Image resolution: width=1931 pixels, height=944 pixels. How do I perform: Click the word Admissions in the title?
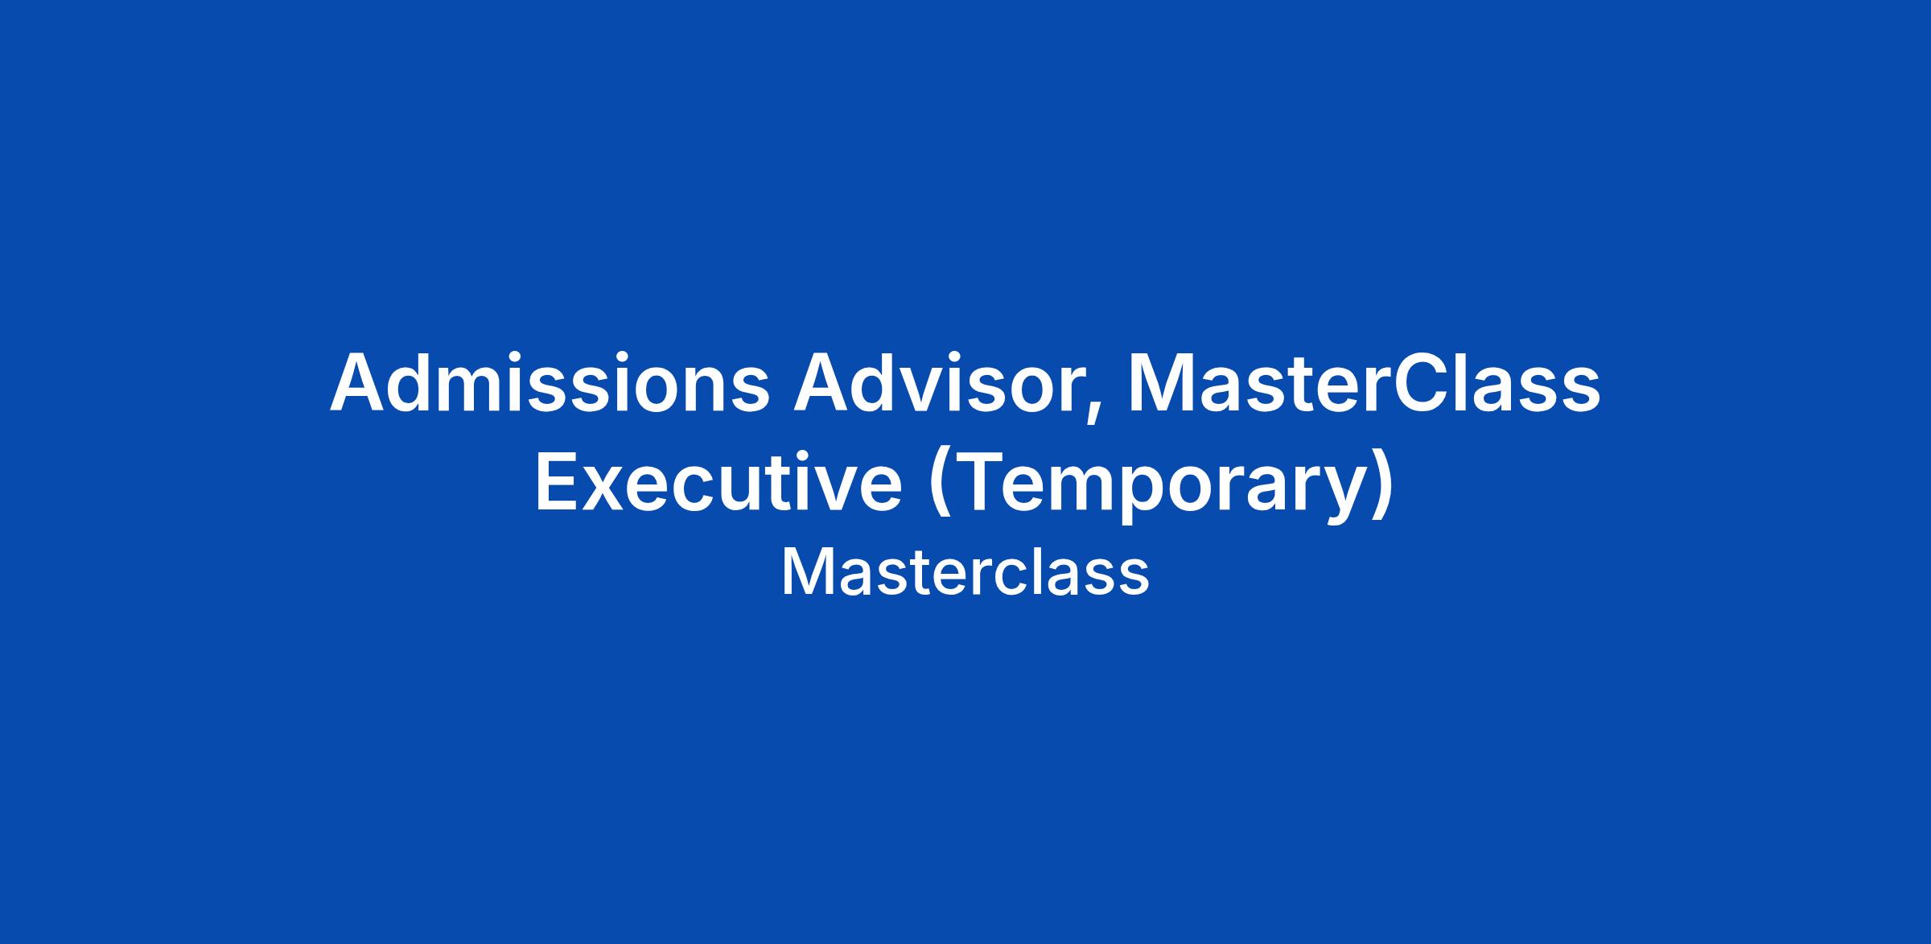click(x=550, y=384)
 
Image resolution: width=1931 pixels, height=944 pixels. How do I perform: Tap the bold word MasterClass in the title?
click(x=1364, y=384)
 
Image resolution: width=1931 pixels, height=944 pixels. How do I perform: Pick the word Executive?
click(x=718, y=483)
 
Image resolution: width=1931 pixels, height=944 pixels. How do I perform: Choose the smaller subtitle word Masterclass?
click(x=965, y=573)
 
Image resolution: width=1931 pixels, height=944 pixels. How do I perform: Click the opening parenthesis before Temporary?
click(x=940, y=486)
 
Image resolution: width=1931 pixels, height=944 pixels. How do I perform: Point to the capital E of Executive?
click(x=557, y=483)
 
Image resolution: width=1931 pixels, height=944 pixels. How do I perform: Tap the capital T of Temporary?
click(x=979, y=483)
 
